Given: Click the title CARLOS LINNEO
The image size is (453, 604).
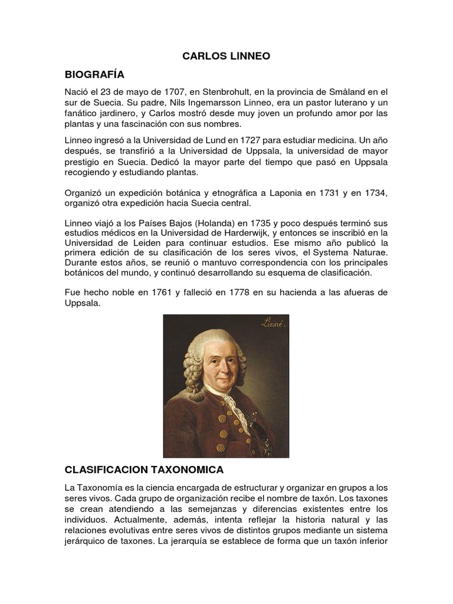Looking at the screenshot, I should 226,57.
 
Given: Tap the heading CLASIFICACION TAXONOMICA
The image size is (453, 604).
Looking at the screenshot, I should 144,470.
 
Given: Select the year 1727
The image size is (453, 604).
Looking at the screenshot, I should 234,140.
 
